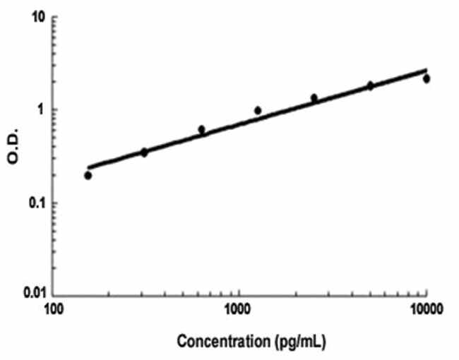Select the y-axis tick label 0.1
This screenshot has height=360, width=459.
34,203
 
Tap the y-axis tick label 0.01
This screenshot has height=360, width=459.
30,292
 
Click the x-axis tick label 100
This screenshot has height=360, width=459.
54,308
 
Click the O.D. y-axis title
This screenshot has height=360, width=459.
13,149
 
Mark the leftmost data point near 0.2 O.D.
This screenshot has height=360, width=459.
88,175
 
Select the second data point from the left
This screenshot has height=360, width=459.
144,152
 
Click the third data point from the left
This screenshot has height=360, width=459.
201,130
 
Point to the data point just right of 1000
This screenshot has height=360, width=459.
258,110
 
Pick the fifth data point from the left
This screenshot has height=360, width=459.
314,97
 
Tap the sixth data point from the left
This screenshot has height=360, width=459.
370,85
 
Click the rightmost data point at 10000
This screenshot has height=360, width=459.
427,78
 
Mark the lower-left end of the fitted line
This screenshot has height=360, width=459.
88,167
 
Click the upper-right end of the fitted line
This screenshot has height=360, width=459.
427,69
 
